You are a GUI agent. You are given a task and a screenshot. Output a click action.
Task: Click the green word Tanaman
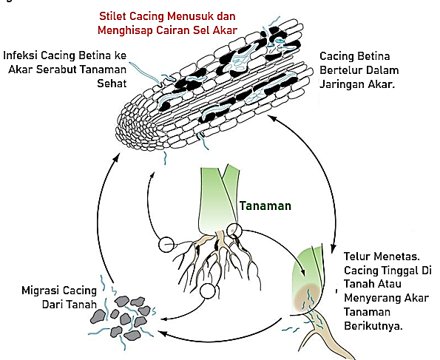265,206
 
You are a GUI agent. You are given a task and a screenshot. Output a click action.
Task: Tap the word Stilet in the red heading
112,16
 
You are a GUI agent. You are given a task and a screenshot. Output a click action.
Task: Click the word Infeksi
20,55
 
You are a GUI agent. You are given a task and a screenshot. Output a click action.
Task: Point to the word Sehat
112,84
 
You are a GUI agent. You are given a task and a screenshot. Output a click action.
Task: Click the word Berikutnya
373,326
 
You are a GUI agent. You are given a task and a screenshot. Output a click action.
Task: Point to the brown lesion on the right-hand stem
308,297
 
